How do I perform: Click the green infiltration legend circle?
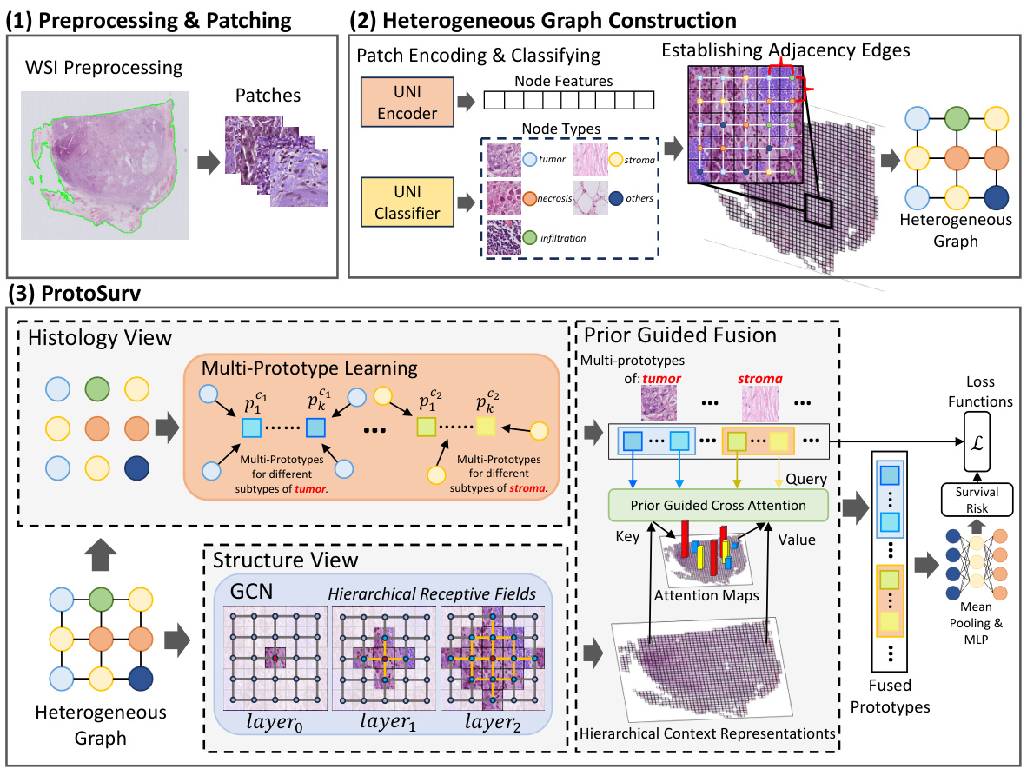pyautogui.click(x=527, y=236)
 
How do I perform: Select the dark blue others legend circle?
pyautogui.click(x=617, y=198)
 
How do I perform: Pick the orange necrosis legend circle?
pyautogui.click(x=527, y=198)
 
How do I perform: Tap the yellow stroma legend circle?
pyautogui.click(x=616, y=158)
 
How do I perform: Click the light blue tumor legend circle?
pyautogui.click(x=527, y=160)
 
